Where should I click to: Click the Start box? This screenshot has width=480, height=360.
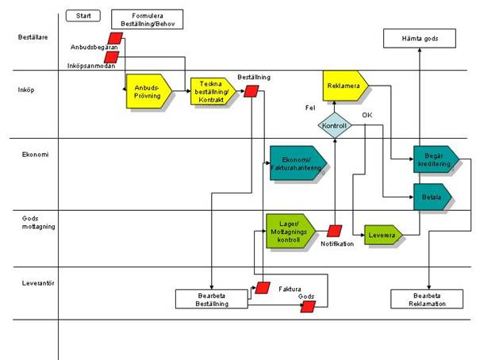click(x=83, y=16)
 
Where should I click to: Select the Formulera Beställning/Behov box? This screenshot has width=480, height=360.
click(x=147, y=19)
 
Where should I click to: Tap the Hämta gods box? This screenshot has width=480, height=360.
click(x=419, y=38)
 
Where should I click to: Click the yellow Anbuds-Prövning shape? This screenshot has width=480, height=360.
click(x=148, y=93)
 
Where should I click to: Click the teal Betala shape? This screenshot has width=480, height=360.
click(x=432, y=195)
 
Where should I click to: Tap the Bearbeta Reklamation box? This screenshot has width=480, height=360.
click(x=426, y=299)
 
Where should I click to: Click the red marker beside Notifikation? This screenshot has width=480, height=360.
click(x=334, y=231)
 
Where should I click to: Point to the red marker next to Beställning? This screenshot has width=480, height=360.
click(x=251, y=91)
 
